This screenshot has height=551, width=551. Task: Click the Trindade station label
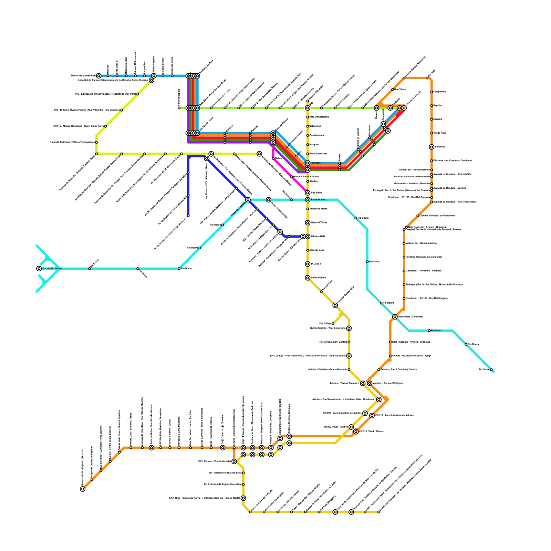(315, 163)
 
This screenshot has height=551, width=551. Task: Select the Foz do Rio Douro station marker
(39, 269)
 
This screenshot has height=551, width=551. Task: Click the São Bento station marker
(308, 193)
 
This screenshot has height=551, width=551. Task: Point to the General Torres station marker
(308, 223)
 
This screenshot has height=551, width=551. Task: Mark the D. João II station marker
(308, 264)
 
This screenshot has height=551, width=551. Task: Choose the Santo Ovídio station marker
(308, 278)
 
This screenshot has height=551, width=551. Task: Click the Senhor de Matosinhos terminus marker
(99, 76)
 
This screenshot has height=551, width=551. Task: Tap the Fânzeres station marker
(432, 147)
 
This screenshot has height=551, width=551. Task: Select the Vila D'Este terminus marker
(333, 324)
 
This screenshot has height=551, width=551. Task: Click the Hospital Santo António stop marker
(292, 177)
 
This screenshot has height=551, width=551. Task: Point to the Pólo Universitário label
(319, 117)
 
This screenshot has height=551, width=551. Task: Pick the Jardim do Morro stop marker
(308, 209)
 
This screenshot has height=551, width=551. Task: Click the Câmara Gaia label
(318, 237)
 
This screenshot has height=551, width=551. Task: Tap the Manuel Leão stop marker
(321, 292)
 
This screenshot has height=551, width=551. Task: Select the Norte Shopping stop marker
(179, 108)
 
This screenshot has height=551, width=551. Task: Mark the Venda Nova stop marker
(432, 133)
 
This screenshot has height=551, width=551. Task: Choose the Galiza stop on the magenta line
(273, 158)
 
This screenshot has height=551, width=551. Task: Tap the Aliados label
(313, 181)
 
